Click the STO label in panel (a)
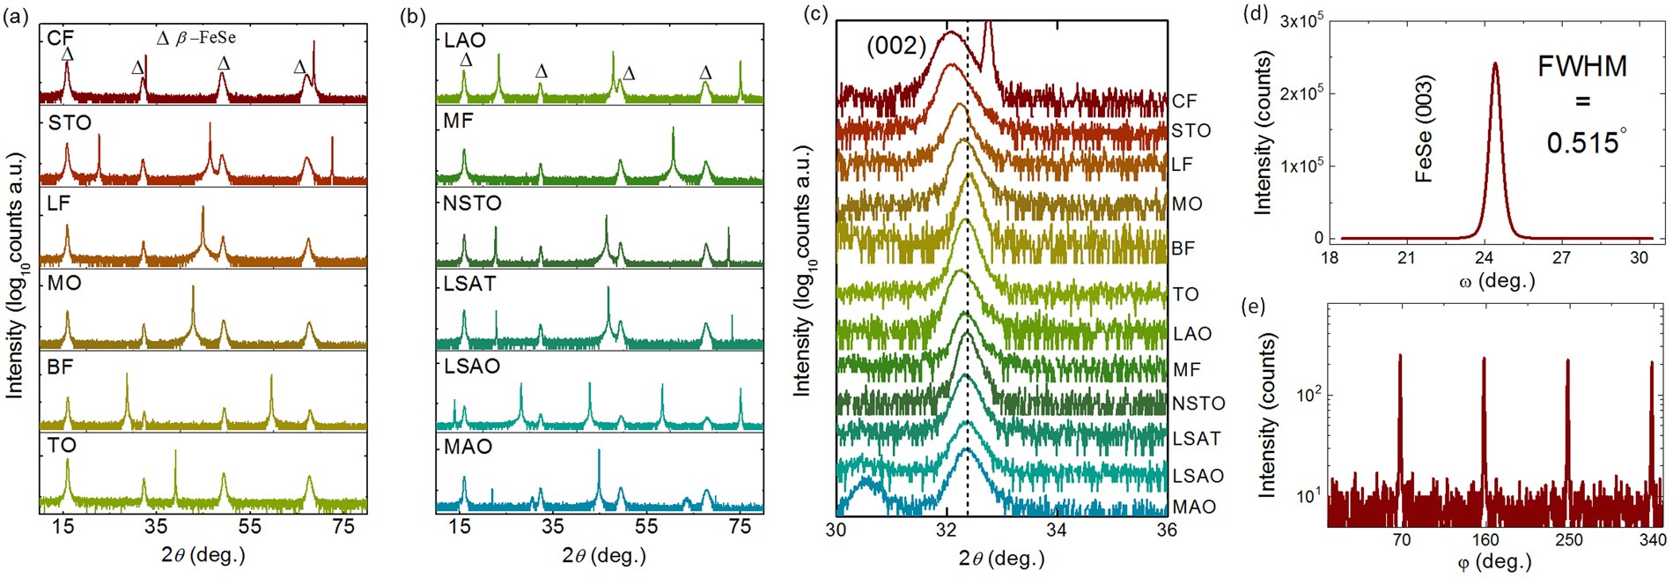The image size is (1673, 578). [x=70, y=122]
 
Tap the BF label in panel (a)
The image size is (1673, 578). [x=60, y=367]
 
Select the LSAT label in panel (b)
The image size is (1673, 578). [x=470, y=284]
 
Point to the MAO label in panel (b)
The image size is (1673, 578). [x=468, y=447]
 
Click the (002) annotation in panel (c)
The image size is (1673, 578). [x=896, y=46]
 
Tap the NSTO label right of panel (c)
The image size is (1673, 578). [x=1198, y=404]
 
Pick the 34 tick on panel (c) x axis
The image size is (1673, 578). [x=1057, y=530]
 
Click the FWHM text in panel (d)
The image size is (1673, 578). [x=1582, y=66]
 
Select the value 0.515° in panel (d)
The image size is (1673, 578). [x=1586, y=143]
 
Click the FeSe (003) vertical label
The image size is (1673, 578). [x=1424, y=129]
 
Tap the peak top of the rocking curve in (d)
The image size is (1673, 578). [x=1495, y=63]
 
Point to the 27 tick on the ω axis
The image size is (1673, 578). [x=1561, y=258]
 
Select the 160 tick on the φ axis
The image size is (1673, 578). [x=1485, y=540]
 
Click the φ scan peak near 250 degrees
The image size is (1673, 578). [x=1568, y=361]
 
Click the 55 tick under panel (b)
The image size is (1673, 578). [x=645, y=527]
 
